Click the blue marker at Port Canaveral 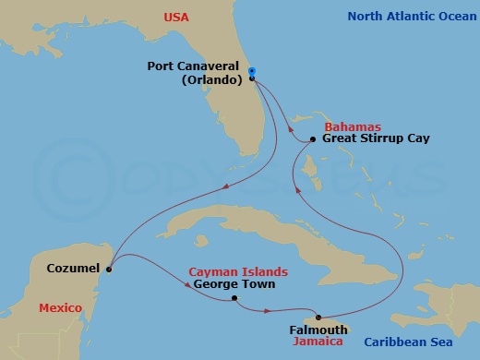tap(251, 72)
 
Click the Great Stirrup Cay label tap(374, 138)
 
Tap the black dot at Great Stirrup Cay tap(313, 139)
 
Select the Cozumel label tap(74, 270)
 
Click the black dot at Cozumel tap(109, 270)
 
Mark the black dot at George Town tap(234, 298)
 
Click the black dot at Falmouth tap(318, 317)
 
